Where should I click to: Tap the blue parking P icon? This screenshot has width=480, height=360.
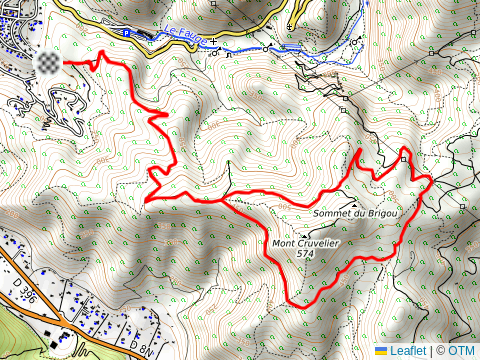coord(127,32)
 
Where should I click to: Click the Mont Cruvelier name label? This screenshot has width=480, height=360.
coord(307,243)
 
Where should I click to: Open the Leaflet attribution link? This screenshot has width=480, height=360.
coord(408,351)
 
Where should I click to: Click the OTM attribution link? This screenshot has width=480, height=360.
coord(461,351)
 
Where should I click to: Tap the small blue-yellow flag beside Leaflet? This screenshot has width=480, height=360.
coord(381,351)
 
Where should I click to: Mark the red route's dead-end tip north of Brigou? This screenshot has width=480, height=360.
coord(359,151)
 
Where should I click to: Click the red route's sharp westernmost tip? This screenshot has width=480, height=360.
coord(147,200)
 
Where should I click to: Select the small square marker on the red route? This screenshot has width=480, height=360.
coord(404,157)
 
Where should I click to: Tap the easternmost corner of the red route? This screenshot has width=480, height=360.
coord(431,179)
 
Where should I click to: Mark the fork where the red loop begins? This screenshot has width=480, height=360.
coord(222,199)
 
